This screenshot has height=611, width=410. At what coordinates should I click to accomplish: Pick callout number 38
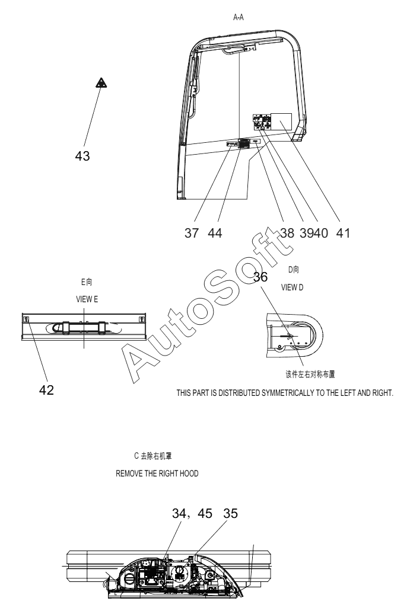click(287, 233)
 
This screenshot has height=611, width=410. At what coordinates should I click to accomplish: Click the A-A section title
click(240, 18)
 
